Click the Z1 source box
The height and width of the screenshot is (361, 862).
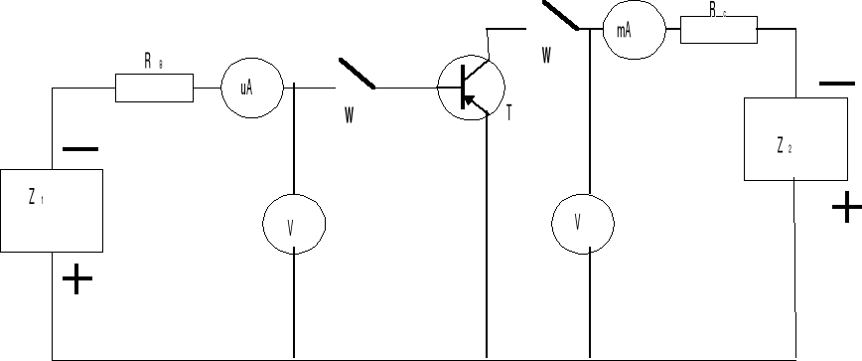tap(53, 210)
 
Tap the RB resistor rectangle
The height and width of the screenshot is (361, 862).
tap(154, 88)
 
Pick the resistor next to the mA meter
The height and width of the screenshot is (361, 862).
tap(718, 29)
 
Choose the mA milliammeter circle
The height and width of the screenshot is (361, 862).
tap(625, 30)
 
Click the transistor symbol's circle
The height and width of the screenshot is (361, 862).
tap(471, 88)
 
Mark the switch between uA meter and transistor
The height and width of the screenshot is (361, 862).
tap(358, 74)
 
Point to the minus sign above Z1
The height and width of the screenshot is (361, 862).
tap(79, 150)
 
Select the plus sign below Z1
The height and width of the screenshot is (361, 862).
tap(76, 280)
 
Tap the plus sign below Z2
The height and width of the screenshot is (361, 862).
tap(846, 209)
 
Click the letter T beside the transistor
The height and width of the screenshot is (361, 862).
tap(509, 113)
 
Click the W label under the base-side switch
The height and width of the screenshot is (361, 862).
tap(349, 116)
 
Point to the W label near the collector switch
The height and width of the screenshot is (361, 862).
tap(545, 56)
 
